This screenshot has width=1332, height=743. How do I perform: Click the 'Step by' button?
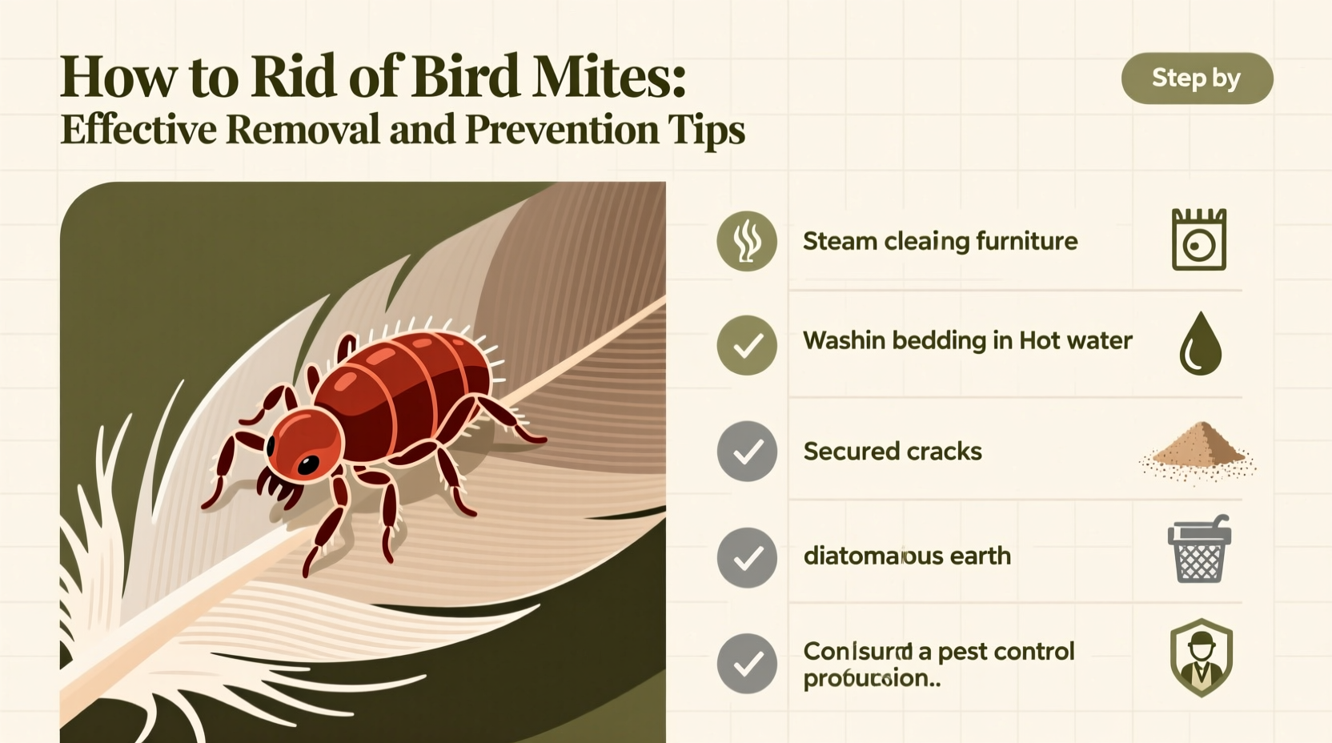click(x=1197, y=78)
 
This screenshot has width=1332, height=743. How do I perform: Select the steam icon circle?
click(x=747, y=241)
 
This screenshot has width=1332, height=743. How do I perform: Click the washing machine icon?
click(x=1198, y=240)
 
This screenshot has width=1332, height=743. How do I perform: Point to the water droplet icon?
click(x=1200, y=344)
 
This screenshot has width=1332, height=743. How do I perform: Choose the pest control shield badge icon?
click(x=1201, y=657)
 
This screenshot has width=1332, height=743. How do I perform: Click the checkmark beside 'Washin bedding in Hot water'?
click(x=747, y=345)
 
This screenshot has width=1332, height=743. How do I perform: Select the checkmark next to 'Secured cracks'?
click(x=747, y=452)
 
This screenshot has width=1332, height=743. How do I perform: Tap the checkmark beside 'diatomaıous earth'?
click(x=747, y=557)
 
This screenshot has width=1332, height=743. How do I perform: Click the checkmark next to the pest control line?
click(x=747, y=663)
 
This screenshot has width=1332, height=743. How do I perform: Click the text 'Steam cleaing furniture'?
click(x=940, y=241)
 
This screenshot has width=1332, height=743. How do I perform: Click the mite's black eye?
click(x=307, y=464)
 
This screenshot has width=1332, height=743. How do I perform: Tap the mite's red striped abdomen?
click(x=416, y=384)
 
